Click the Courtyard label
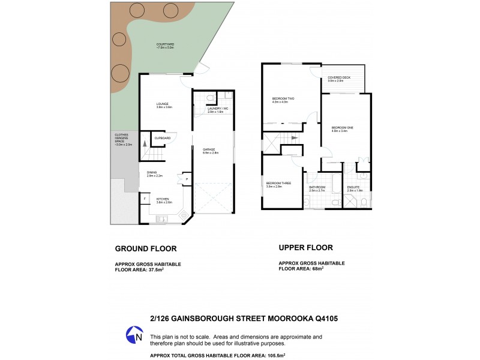tap(165, 45)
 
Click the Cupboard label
tap(163, 138)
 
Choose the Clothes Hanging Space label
tap(122, 140)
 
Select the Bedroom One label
tap(343, 128)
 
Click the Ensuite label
tap(353, 188)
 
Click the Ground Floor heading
tap(145, 248)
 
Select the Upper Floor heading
tap(306, 247)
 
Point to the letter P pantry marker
tap(187, 179)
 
